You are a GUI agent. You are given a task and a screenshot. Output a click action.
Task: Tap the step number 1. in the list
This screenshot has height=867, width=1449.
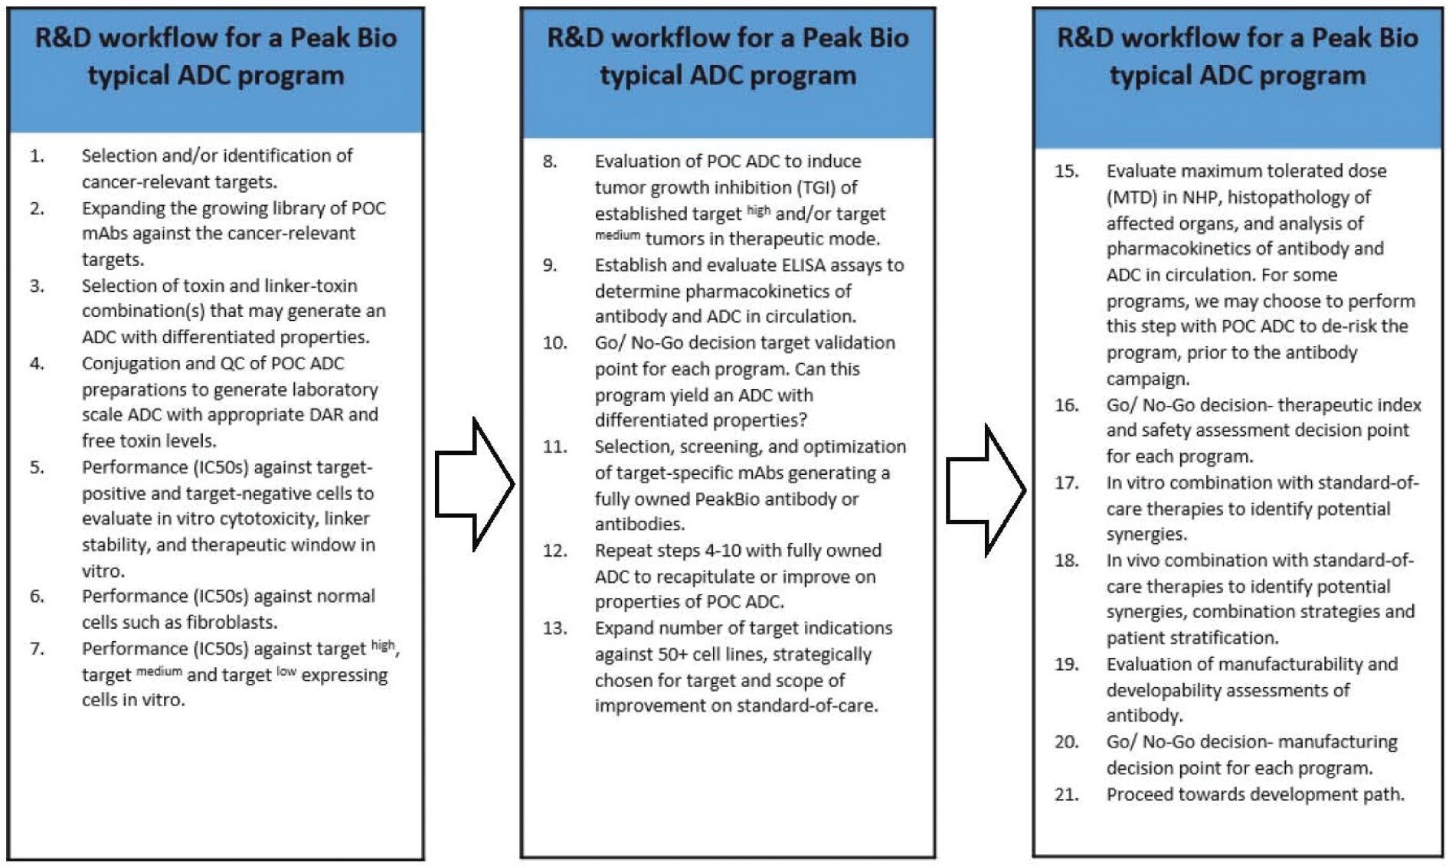pyautogui.click(x=38, y=156)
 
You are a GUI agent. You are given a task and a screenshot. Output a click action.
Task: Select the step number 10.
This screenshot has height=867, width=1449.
pyautogui.click(x=555, y=343)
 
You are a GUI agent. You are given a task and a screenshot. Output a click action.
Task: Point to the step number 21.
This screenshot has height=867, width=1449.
pyautogui.click(x=1067, y=795)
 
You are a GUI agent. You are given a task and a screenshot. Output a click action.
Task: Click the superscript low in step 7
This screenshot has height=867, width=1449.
pyautogui.click(x=286, y=672)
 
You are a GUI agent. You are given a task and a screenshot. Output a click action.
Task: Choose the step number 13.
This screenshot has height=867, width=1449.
pyautogui.click(x=555, y=629)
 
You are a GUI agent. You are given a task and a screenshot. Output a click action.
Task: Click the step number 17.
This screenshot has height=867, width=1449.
pyautogui.click(x=1067, y=483)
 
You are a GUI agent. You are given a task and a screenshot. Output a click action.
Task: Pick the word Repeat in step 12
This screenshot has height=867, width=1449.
pyautogui.click(x=622, y=551)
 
